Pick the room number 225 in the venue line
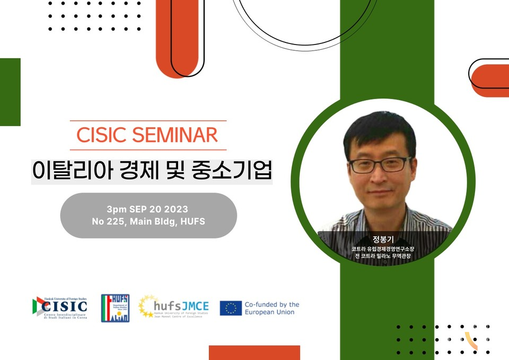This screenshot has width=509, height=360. [x=114, y=222]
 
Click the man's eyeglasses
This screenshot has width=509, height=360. [x=380, y=164]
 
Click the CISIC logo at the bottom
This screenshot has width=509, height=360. [x=60, y=308]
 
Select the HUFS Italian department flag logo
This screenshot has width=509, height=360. [x=115, y=308]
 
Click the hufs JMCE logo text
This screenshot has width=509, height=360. [x=174, y=307]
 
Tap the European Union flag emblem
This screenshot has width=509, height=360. [x=231, y=308]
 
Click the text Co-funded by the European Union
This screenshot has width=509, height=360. [x=271, y=308]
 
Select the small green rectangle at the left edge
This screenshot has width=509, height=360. [x=10, y=92]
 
